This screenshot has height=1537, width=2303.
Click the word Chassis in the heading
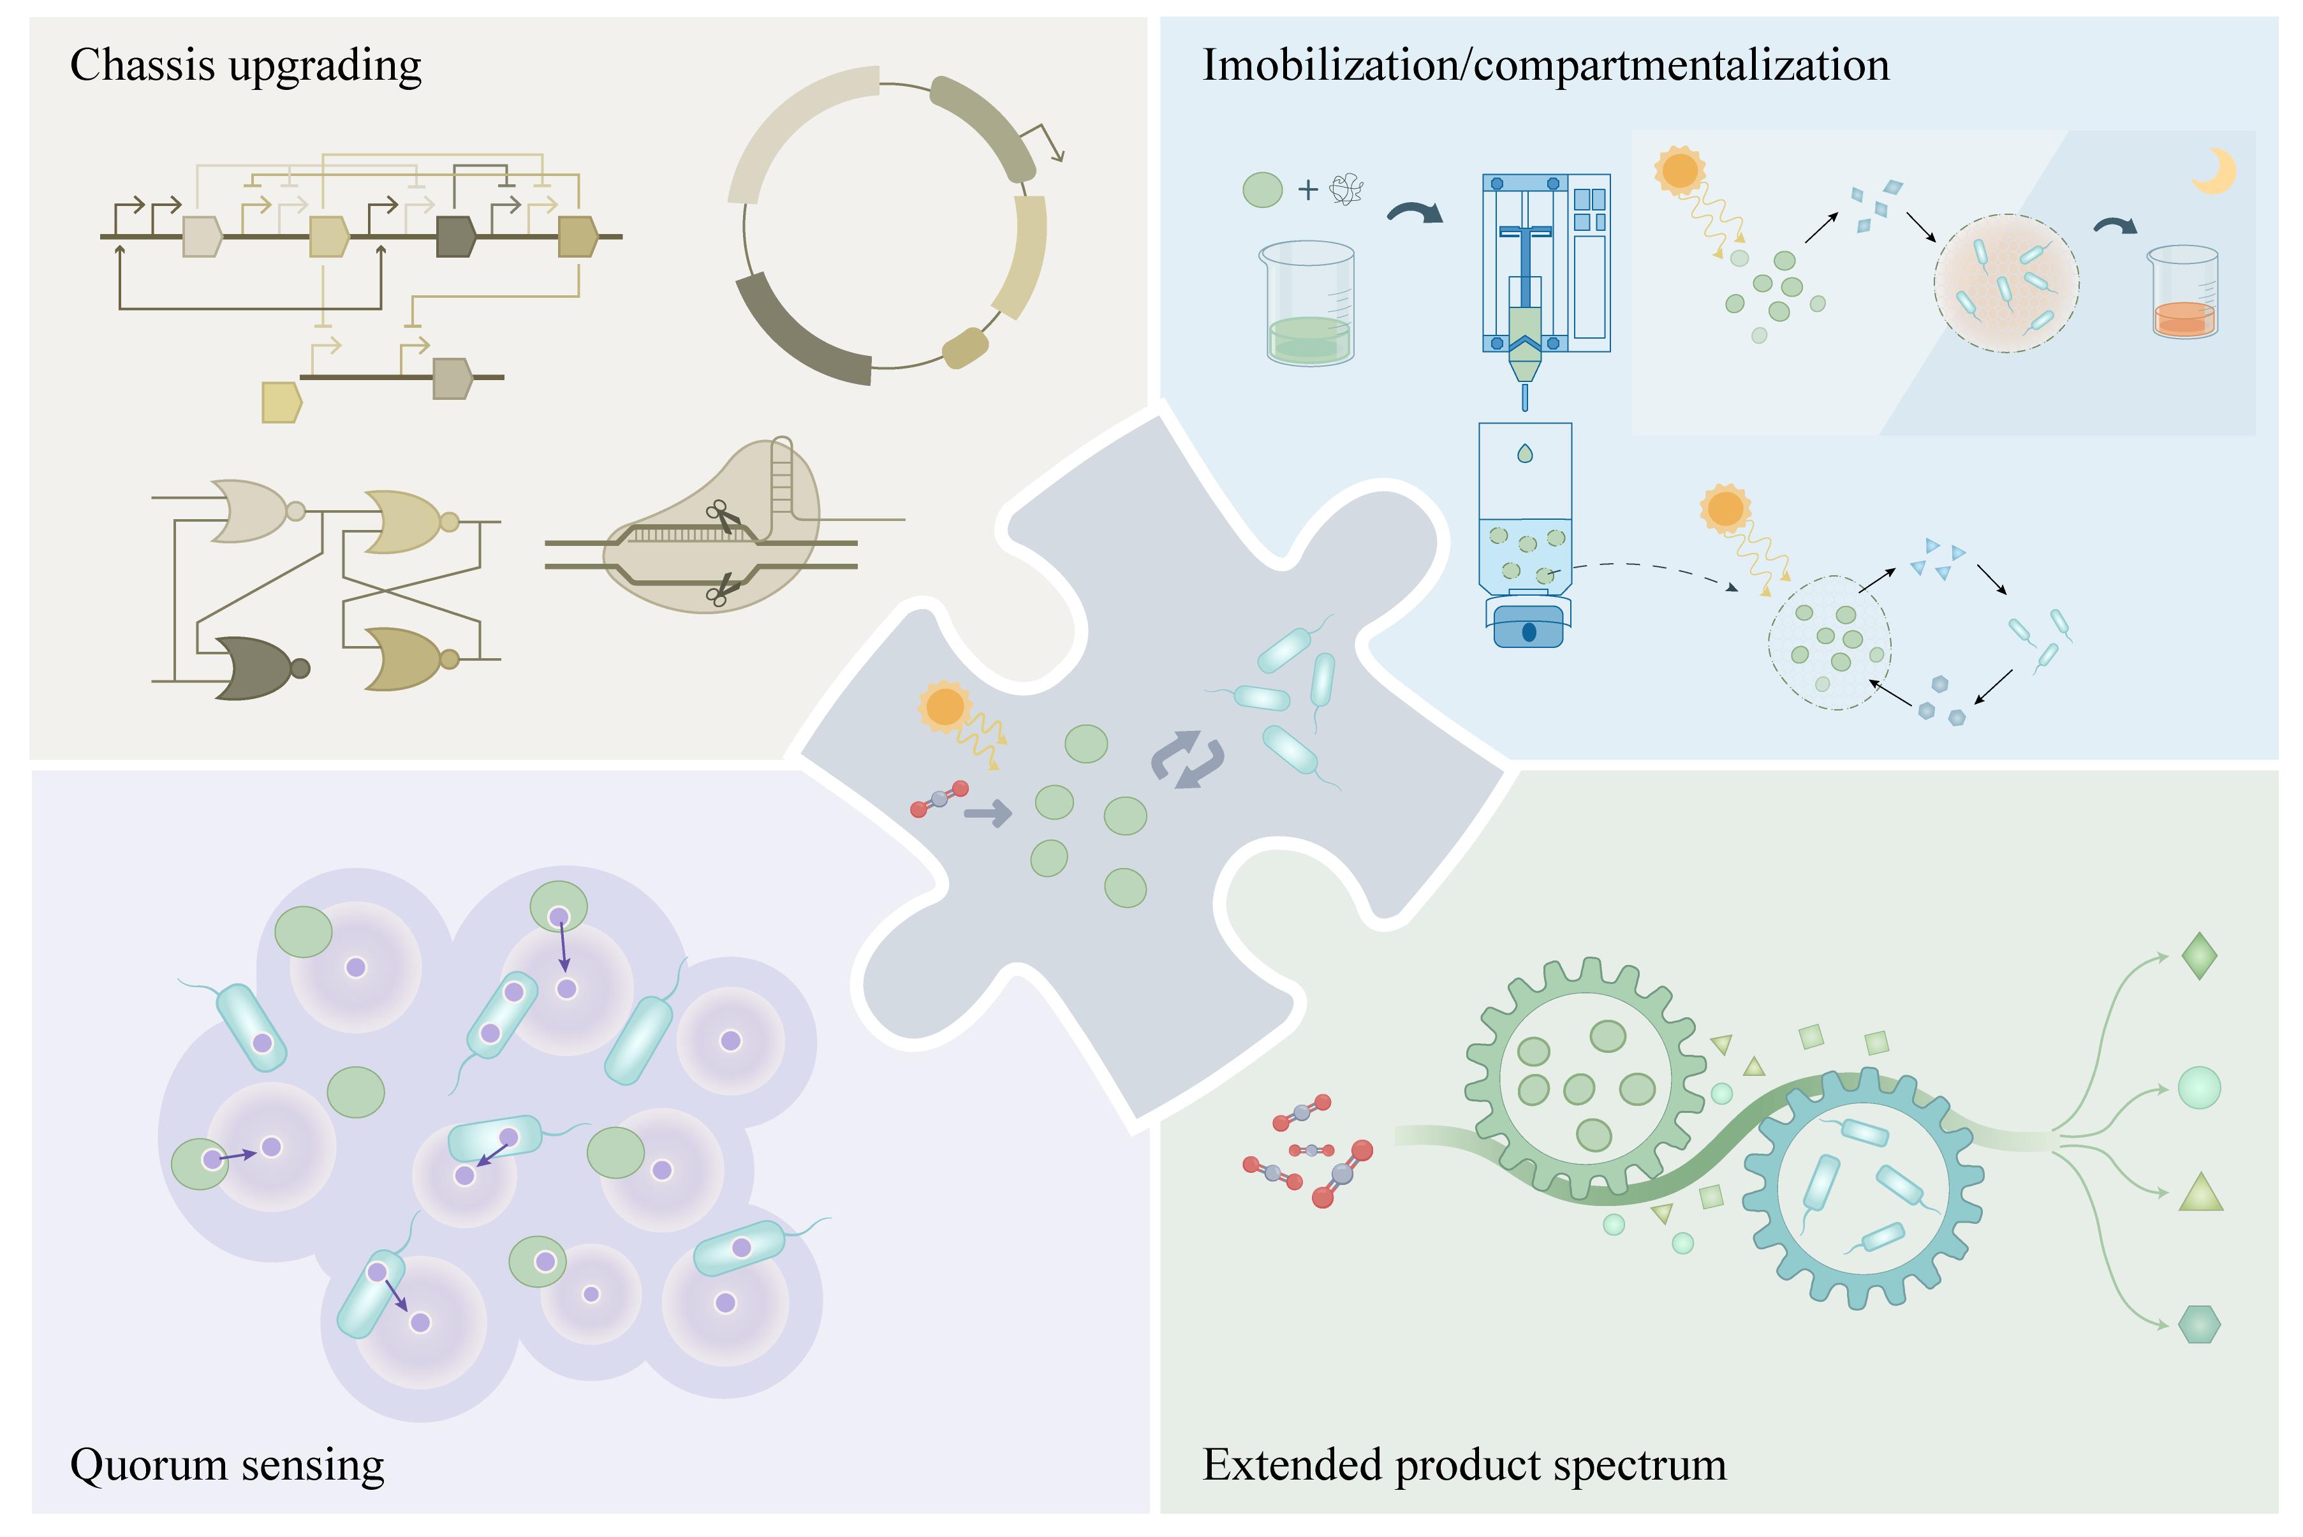click(x=142, y=66)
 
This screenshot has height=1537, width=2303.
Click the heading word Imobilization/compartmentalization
click(x=1545, y=66)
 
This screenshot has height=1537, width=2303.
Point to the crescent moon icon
click(x=2213, y=172)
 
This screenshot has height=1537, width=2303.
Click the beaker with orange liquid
click(x=2184, y=294)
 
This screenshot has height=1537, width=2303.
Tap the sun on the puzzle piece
click(x=944, y=707)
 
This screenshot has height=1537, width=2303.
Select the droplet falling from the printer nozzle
click(x=1525, y=454)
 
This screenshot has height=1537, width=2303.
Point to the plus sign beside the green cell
click(x=1307, y=189)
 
